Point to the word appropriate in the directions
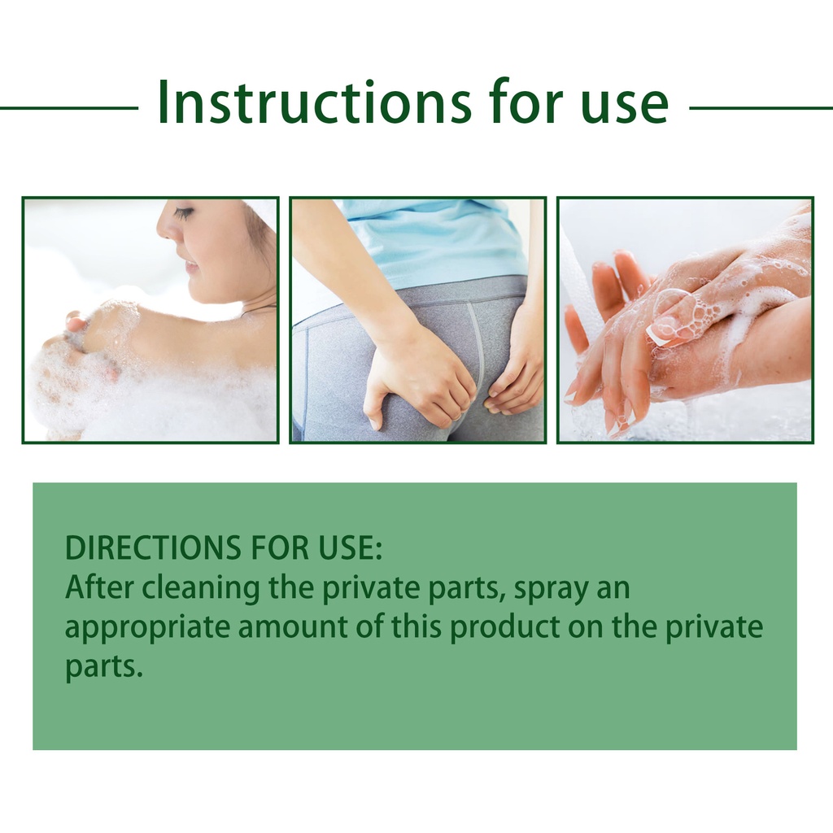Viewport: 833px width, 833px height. [x=147, y=630]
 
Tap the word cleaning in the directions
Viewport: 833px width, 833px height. [x=201, y=589]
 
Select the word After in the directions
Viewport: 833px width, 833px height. [x=99, y=587]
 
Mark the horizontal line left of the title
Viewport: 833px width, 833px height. [x=69, y=108]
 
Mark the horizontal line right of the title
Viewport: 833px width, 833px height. [x=761, y=108]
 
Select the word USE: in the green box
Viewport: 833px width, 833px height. [x=351, y=547]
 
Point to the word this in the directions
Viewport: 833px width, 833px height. [x=417, y=627]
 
